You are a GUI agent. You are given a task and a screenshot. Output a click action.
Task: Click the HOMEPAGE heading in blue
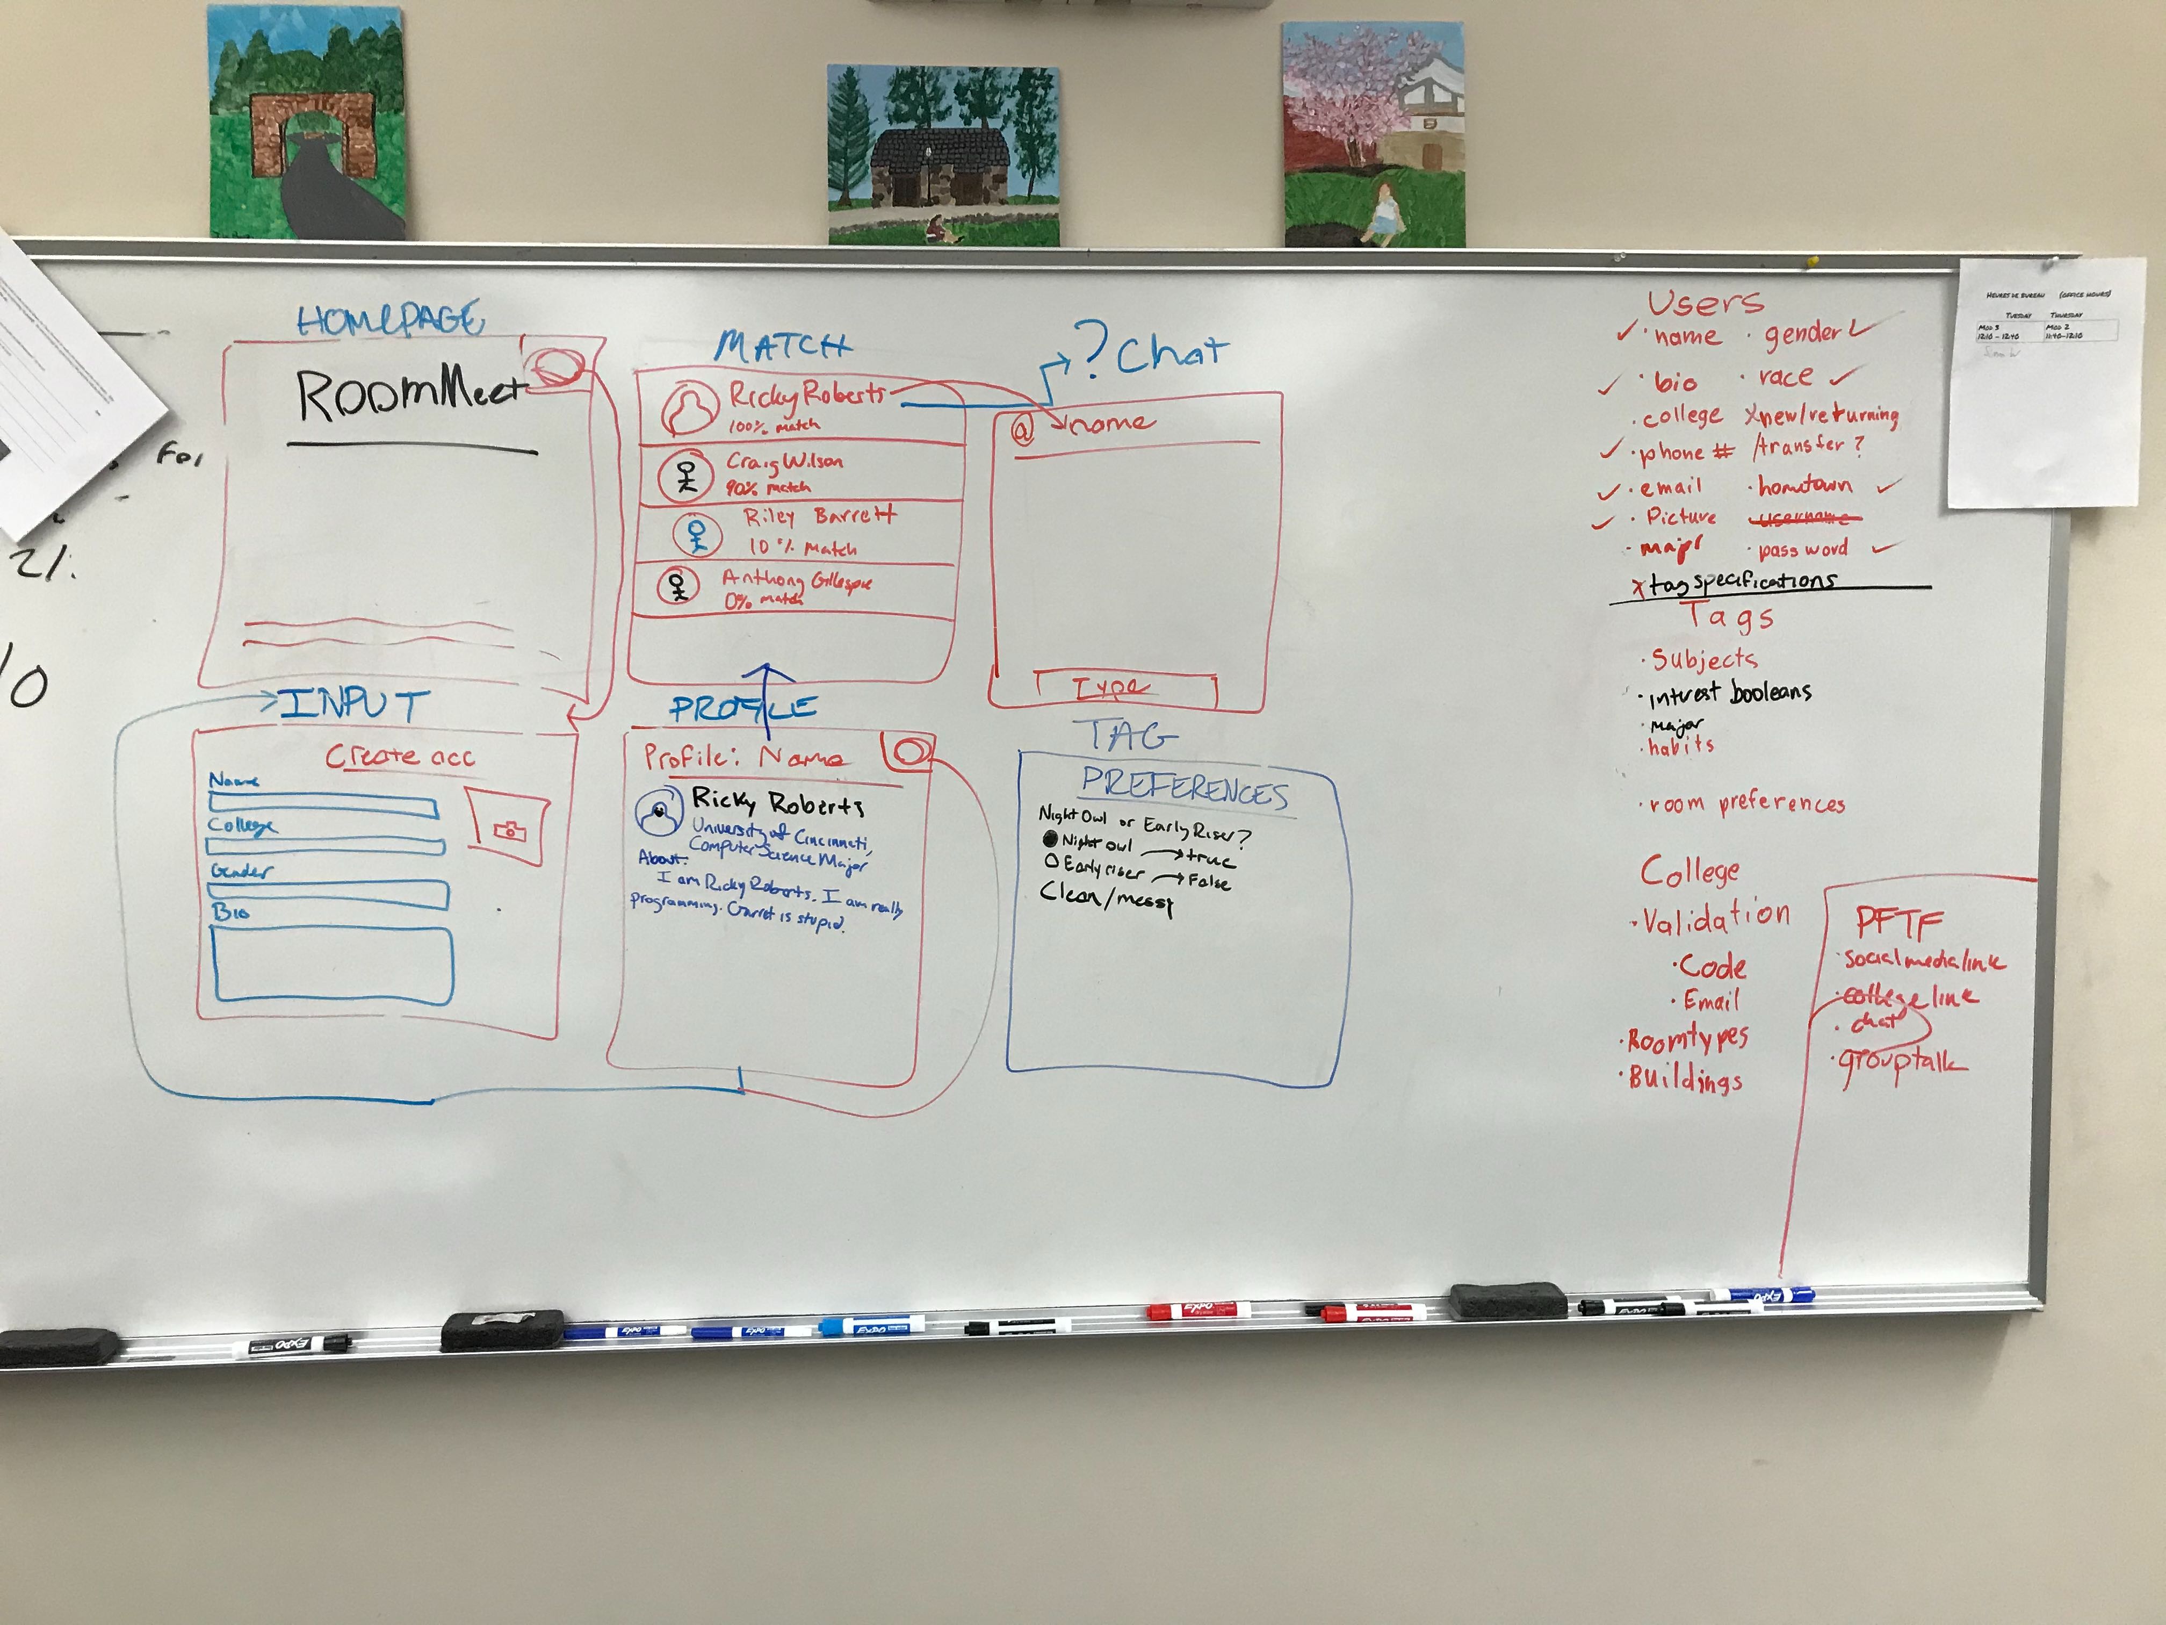coord(389,320)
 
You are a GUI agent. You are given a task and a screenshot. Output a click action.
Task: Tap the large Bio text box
coord(333,964)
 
